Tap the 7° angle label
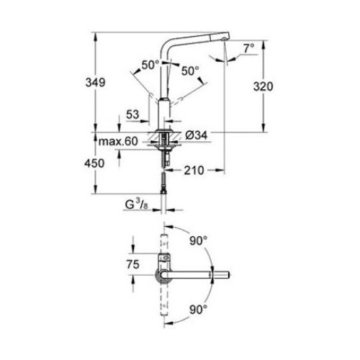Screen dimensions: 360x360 pyautogui.click(x=249, y=48)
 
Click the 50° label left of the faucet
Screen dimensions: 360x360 pyautogui.click(x=150, y=64)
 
